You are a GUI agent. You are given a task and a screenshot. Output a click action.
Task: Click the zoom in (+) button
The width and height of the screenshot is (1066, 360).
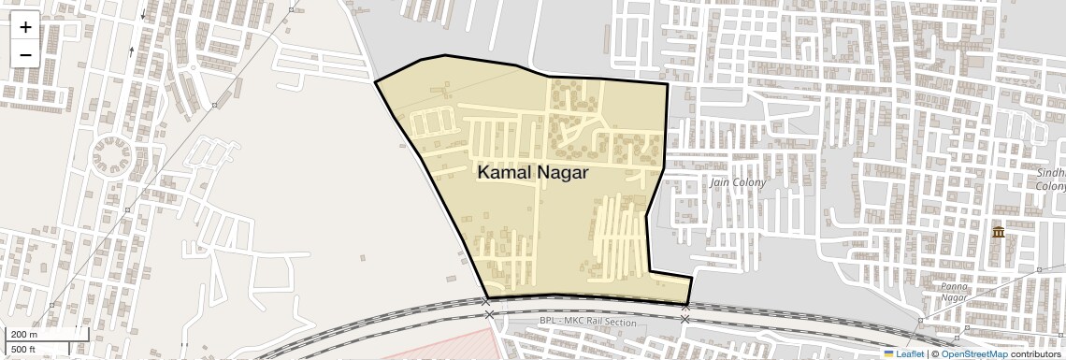click(25, 27)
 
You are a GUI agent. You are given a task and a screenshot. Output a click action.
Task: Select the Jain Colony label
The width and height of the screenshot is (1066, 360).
click(738, 182)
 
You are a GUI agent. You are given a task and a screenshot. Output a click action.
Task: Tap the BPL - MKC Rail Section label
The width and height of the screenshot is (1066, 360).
click(587, 323)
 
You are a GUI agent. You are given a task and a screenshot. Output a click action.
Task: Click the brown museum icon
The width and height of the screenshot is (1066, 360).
click(999, 231)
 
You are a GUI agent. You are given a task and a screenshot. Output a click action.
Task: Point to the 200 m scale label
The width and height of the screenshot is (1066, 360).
click(24, 334)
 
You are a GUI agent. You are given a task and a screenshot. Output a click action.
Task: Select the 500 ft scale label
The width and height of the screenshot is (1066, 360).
click(24, 350)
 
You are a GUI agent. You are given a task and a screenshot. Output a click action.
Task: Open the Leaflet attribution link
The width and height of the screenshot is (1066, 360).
click(910, 354)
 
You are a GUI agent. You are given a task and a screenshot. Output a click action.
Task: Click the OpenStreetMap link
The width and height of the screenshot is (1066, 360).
click(974, 354)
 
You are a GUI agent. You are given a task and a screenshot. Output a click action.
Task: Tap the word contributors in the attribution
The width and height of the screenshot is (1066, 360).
click(1037, 354)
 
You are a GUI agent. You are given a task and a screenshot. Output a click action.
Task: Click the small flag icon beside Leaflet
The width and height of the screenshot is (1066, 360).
click(889, 354)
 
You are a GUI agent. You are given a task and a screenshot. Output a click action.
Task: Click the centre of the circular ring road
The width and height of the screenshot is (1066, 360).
click(113, 155)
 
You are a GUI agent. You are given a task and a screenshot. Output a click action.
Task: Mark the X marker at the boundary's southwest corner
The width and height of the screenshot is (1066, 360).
click(487, 302)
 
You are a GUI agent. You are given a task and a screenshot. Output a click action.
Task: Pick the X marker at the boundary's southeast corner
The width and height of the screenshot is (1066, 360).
click(686, 307)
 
